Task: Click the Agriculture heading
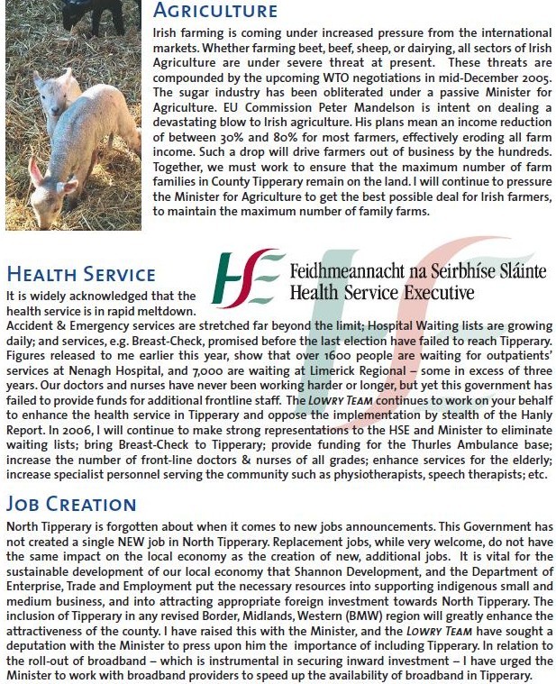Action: (216, 12)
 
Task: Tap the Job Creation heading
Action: (71, 503)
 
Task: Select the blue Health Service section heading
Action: (81, 274)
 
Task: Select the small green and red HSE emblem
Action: (242, 279)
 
